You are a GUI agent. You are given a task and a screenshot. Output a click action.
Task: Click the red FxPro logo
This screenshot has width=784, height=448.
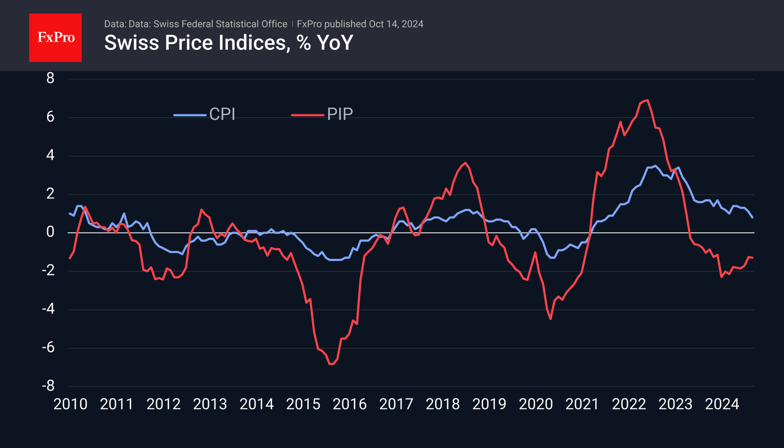pos(55,37)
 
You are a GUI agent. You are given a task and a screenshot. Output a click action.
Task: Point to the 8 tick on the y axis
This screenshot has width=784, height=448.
pos(50,78)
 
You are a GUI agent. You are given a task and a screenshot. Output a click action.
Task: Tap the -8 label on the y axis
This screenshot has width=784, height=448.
pos(48,386)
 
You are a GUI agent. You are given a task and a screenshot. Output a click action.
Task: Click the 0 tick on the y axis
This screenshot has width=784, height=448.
pos(50,232)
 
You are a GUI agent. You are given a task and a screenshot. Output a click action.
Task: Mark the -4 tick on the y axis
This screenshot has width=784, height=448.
pos(48,309)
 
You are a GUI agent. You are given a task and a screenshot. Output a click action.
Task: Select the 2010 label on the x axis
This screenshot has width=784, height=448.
pos(70,404)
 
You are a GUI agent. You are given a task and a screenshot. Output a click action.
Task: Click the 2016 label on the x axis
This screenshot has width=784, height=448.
pos(350,404)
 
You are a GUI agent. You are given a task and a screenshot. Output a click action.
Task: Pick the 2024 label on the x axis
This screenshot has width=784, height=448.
pos(722,404)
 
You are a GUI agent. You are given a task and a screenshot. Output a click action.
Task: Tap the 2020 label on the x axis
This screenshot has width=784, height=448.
pos(536,404)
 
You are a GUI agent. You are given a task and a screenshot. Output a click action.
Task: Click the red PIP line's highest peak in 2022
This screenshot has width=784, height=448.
pos(648,100)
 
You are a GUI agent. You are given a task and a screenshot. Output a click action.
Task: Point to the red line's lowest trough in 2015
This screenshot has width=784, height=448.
pos(331,364)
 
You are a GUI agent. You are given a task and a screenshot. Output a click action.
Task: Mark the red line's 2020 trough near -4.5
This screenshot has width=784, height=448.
pos(551,319)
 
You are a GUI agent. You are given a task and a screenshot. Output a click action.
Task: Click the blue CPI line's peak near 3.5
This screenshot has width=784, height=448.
pos(655,166)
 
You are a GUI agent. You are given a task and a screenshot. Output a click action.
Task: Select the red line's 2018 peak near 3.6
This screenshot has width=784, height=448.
pos(465,163)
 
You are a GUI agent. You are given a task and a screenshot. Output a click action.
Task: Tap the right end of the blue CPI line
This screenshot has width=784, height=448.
pos(752,217)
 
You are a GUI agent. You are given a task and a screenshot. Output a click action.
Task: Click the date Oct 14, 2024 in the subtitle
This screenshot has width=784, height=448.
pos(396,24)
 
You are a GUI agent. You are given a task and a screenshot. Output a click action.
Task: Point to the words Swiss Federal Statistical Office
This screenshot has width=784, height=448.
pos(220,24)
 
